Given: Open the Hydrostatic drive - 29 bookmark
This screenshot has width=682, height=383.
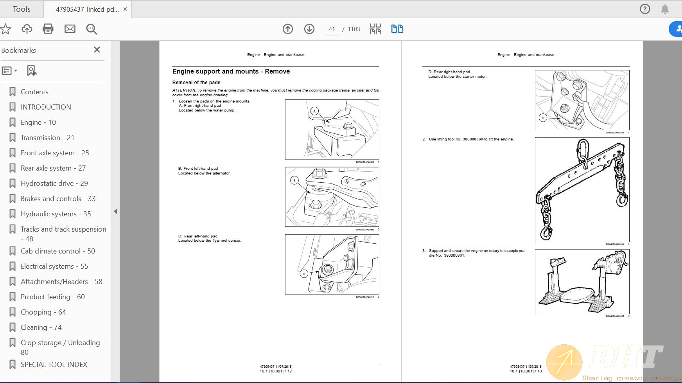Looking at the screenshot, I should pyautogui.click(x=54, y=183).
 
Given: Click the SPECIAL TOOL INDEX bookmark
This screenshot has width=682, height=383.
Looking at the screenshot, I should pyautogui.click(x=54, y=365).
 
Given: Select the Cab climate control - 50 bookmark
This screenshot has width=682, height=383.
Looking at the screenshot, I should pyautogui.click(x=57, y=251).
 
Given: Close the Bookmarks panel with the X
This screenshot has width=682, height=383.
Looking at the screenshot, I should pyautogui.click(x=97, y=50).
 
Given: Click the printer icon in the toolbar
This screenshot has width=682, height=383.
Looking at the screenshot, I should pyautogui.click(x=48, y=29).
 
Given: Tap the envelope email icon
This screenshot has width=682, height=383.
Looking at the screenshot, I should pyautogui.click(x=70, y=29).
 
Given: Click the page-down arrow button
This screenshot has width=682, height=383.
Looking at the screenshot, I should pyautogui.click(x=309, y=29).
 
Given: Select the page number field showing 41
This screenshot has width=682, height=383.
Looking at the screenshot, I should pyautogui.click(x=332, y=29).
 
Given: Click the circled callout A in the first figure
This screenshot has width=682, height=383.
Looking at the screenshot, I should pyautogui.click(x=314, y=111).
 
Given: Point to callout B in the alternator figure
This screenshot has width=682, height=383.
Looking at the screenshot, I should pyautogui.click(x=294, y=180).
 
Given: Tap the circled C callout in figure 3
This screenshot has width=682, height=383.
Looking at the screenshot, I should pyautogui.click(x=304, y=274).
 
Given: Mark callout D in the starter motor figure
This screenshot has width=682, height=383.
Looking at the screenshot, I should pyautogui.click(x=542, y=118).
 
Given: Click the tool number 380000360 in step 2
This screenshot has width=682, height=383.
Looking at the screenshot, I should pyautogui.click(x=472, y=139).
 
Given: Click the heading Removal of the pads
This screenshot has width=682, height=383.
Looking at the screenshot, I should pyautogui.click(x=196, y=83).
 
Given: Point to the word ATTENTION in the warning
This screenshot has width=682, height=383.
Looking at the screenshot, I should pyautogui.click(x=184, y=90).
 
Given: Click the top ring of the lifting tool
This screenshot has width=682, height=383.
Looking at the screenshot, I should pyautogui.click(x=582, y=148).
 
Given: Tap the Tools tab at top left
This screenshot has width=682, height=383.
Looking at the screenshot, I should pyautogui.click(x=22, y=9).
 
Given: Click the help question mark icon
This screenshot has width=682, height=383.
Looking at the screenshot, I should pyautogui.click(x=645, y=9).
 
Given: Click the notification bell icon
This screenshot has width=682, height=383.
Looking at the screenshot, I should pyautogui.click(x=665, y=9).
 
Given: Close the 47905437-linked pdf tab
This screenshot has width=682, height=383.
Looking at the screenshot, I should pyautogui.click(x=125, y=9).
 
